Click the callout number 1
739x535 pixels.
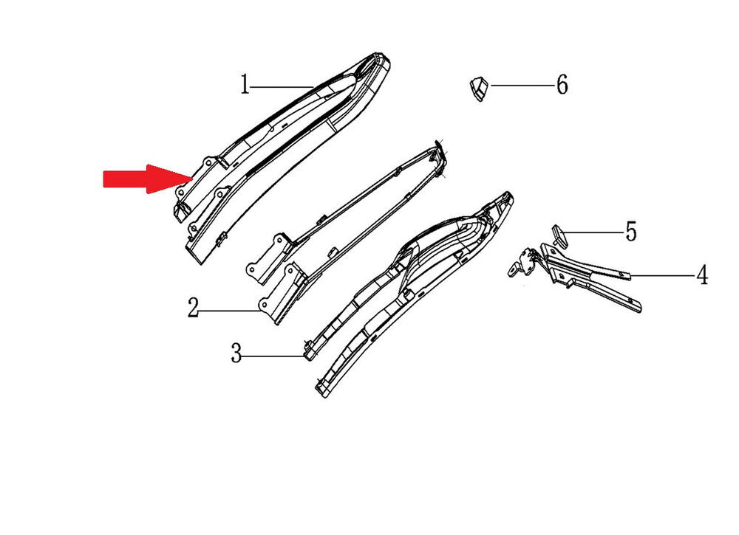tap(245, 85)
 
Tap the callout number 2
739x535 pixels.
tap(193, 308)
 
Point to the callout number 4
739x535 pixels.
tap(702, 275)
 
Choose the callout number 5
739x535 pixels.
tap(631, 232)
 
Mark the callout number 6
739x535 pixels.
tap(562, 85)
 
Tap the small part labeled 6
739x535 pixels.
tap(479, 88)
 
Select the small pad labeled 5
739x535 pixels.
tap(560, 235)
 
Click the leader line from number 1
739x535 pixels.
tap(282, 86)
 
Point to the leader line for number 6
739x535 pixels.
tap(522, 85)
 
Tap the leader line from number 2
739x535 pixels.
tap(230, 311)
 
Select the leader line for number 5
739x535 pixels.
tap(592, 232)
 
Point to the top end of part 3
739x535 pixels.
tap(507, 194)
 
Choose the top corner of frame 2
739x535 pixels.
tap(440, 143)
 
